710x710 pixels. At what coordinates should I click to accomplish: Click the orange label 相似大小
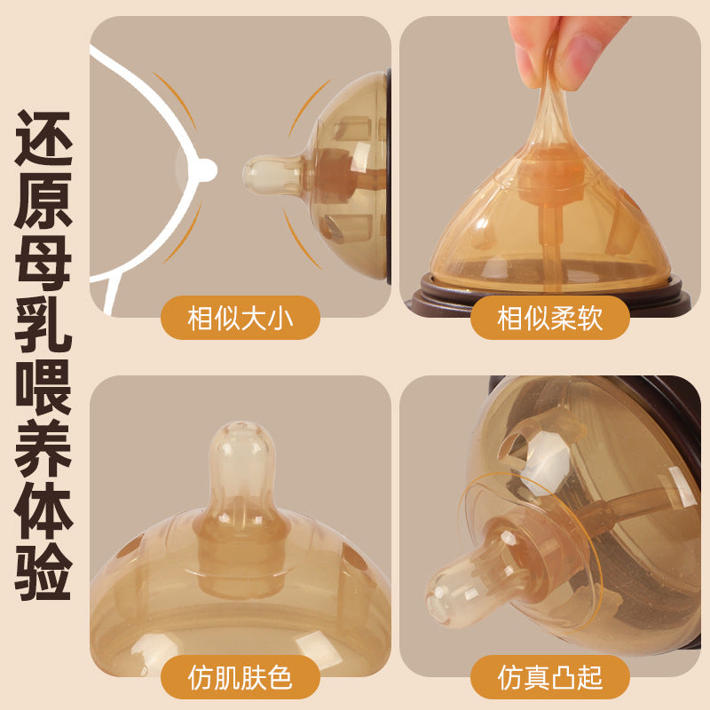pos(240,317)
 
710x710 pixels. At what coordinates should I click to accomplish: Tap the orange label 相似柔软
pos(549,317)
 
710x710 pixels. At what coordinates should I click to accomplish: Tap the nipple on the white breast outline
pos(206,168)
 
